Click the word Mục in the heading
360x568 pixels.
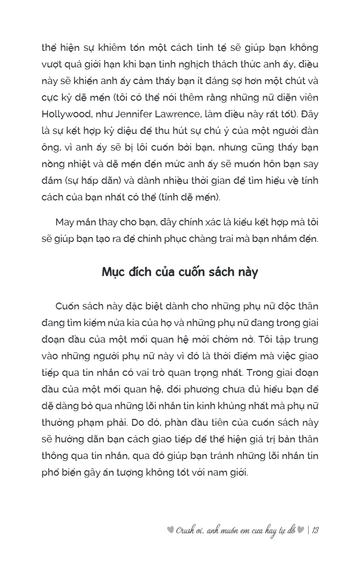[x=114, y=272]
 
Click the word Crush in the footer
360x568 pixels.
[x=186, y=531]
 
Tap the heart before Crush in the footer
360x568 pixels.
[x=170, y=531]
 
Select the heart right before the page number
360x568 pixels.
[x=301, y=531]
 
